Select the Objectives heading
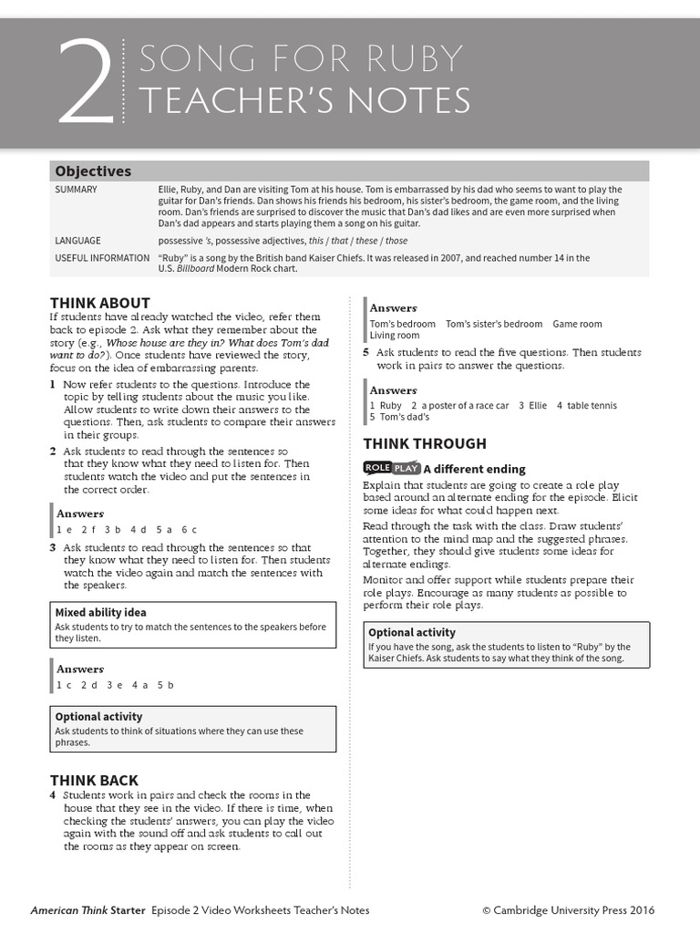93,171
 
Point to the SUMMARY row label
76,190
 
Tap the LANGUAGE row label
77,241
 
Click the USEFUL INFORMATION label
102,258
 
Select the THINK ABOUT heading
100,303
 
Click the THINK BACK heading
95,780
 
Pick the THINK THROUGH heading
425,444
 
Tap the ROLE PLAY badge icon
392,468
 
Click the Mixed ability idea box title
100,613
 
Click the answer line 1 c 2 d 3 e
115,684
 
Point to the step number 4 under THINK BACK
53,795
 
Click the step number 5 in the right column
366,352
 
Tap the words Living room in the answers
395,336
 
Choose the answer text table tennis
592,406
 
